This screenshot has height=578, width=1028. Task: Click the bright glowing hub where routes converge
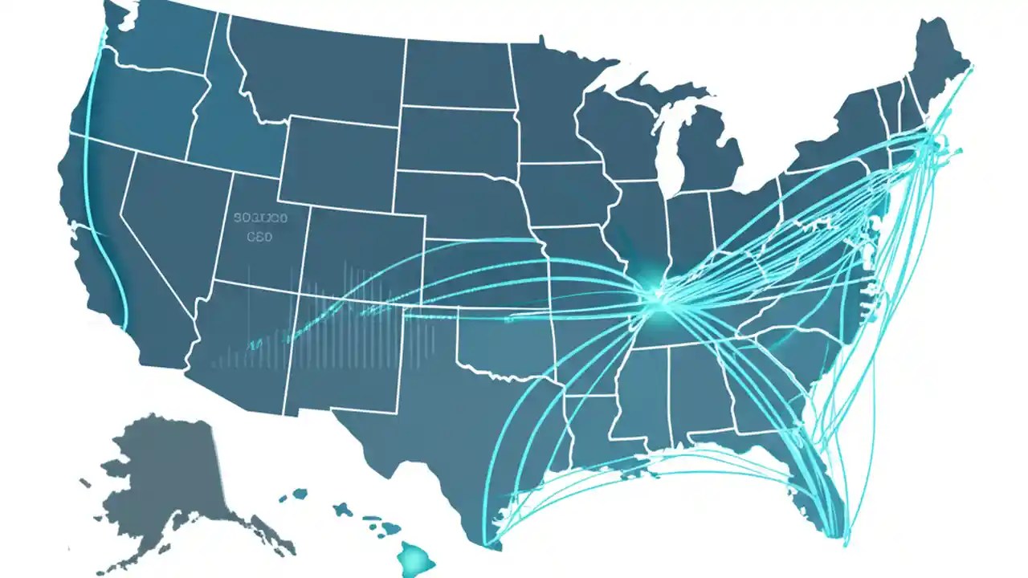tap(661, 299)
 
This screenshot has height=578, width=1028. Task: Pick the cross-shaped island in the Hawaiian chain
tap(343, 510)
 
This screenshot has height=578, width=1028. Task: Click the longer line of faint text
tap(260, 218)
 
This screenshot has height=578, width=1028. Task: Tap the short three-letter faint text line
tap(259, 237)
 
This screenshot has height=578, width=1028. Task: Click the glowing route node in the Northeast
tap(932, 144)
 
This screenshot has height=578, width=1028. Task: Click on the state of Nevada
tap(161, 209)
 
